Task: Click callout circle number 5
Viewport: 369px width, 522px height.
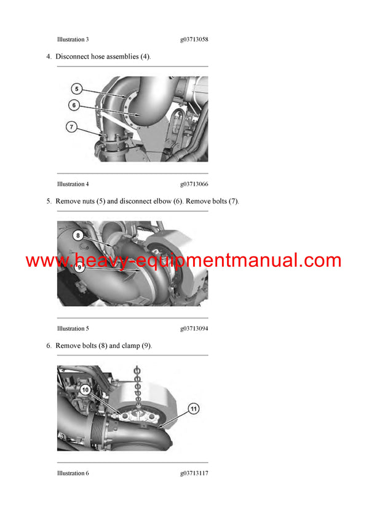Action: tap(76, 88)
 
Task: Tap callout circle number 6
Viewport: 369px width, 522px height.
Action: tap(74, 105)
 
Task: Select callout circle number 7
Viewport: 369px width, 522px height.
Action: tap(71, 127)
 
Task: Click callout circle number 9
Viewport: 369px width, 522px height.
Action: tap(79, 267)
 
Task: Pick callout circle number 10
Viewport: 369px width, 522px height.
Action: tap(85, 390)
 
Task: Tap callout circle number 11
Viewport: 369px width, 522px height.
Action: tap(192, 408)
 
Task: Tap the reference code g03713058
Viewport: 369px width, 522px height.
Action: tap(194, 39)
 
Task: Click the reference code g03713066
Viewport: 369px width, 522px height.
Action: tap(194, 184)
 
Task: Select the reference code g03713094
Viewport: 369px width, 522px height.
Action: tap(194, 328)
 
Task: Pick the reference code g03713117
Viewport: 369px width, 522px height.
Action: tap(194, 473)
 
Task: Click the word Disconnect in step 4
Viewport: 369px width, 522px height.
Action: tap(72, 57)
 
